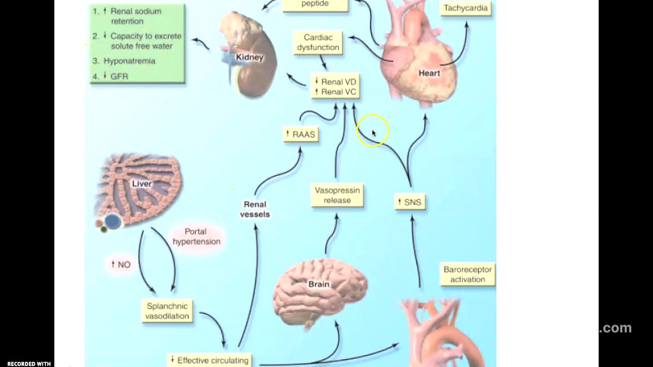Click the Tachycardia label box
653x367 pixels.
pos(465,8)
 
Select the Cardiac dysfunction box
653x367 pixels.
pos(318,43)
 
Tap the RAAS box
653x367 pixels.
pos(301,135)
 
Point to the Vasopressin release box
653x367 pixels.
pos(337,195)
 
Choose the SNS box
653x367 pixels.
pos(410,202)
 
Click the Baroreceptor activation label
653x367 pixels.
pos(467,274)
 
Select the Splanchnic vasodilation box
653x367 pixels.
pos(167,311)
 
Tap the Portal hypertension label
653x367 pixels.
pos(196,237)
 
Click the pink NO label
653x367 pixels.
pos(121,265)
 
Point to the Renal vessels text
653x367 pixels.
pos(255,209)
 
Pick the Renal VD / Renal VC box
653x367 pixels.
pos(336,87)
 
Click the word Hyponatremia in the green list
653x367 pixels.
pos(129,61)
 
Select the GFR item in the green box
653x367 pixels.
pos(119,76)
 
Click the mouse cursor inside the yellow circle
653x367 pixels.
pos(373,133)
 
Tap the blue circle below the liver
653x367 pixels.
pos(113,221)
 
